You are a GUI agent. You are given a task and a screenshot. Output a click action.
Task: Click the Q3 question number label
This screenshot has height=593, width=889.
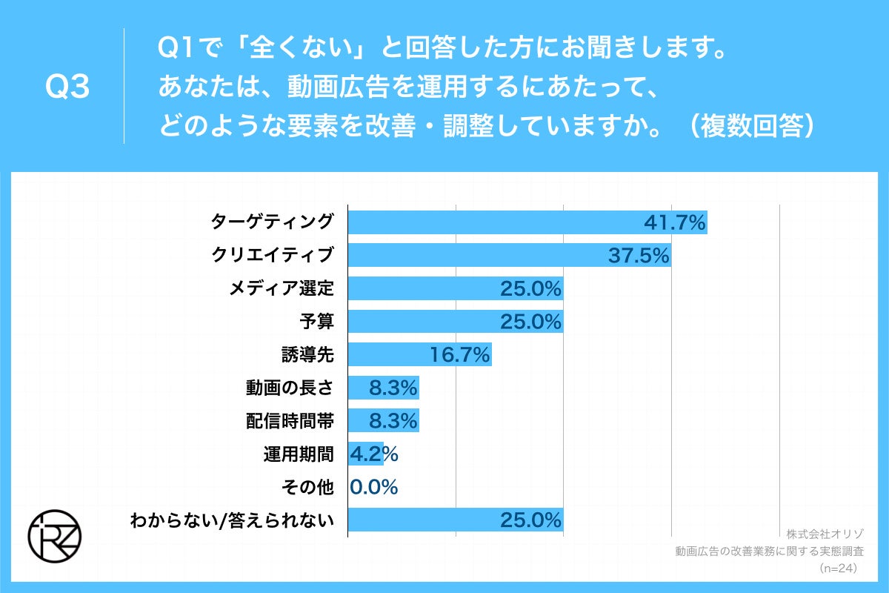[x=67, y=87]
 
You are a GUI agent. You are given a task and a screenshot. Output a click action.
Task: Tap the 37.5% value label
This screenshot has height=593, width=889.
[x=639, y=256]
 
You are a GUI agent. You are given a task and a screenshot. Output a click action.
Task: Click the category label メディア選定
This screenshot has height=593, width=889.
[x=282, y=289]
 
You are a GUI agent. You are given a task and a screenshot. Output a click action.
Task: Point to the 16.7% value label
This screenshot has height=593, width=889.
[x=459, y=355]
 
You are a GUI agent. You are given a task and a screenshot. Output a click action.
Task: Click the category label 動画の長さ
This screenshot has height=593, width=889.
[x=290, y=388]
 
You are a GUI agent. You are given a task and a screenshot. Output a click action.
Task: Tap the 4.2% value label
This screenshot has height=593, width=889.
[x=373, y=454]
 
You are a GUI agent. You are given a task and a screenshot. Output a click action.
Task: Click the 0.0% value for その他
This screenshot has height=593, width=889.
[x=373, y=487]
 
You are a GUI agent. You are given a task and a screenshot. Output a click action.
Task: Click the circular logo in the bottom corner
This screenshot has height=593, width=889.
[x=55, y=535]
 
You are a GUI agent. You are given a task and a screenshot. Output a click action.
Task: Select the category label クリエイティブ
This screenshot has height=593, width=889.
[x=272, y=256]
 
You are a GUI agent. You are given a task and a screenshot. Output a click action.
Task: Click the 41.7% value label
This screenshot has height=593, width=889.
[x=674, y=222]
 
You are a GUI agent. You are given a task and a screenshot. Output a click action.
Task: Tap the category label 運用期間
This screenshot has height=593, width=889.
[x=298, y=454]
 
